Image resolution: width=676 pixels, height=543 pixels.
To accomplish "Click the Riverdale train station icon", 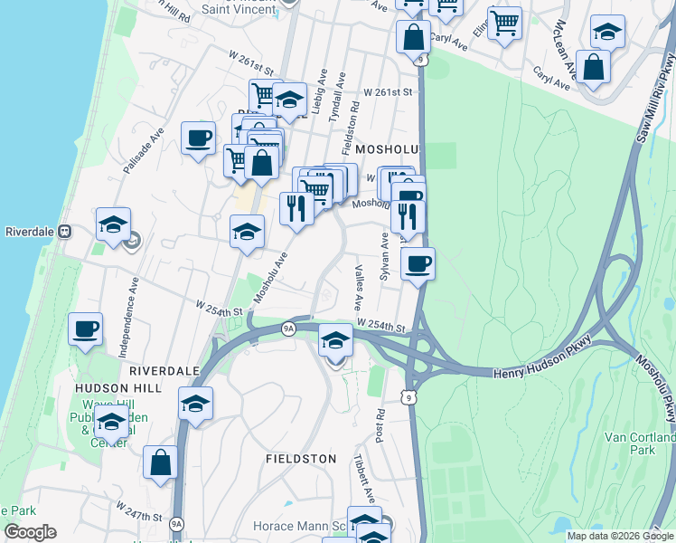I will (65, 231).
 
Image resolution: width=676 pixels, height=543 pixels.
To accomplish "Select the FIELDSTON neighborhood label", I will (301, 459).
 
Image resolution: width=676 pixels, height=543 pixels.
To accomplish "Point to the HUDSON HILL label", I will (117, 387).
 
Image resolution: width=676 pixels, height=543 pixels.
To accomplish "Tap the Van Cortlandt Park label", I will (641, 443).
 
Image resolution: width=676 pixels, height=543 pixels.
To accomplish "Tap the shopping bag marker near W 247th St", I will (160, 462).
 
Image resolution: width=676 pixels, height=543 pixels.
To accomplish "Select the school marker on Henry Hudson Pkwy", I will (335, 342).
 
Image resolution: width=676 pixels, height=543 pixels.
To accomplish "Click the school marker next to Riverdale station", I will (113, 225).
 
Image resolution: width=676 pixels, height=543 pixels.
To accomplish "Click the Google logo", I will (30, 532).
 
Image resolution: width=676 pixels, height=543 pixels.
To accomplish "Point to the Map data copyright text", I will (620, 536).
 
